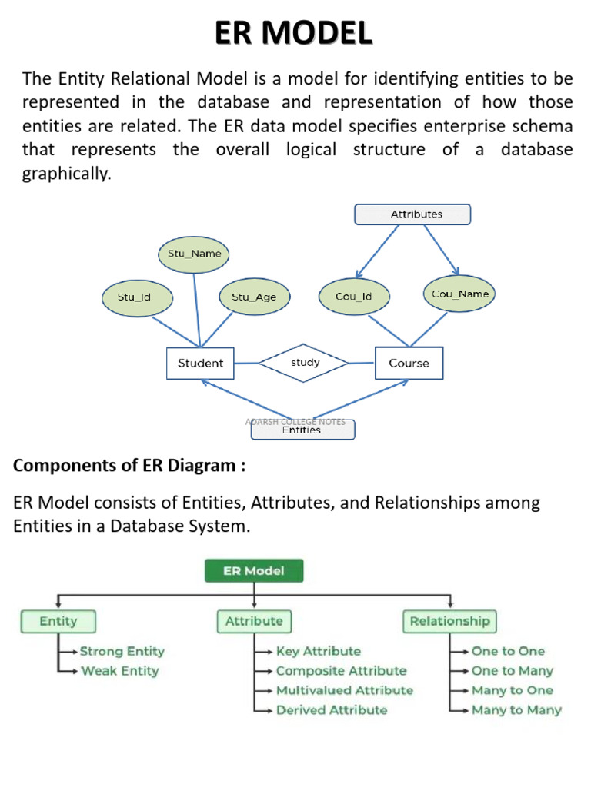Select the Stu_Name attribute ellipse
click(x=195, y=254)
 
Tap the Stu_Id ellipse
click(x=135, y=297)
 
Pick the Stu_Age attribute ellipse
click(x=253, y=297)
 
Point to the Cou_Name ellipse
click(x=459, y=294)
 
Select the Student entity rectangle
click(x=200, y=363)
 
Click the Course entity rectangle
click(x=409, y=363)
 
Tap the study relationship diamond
click(x=306, y=362)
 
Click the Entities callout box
click(x=302, y=430)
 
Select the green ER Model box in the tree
click(x=253, y=570)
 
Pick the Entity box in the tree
click(x=58, y=621)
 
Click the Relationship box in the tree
click(x=449, y=621)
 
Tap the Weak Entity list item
click(x=120, y=671)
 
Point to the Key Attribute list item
click(x=318, y=651)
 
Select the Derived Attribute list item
click(x=332, y=710)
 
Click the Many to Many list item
click(x=516, y=710)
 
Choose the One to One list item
click(x=508, y=651)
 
